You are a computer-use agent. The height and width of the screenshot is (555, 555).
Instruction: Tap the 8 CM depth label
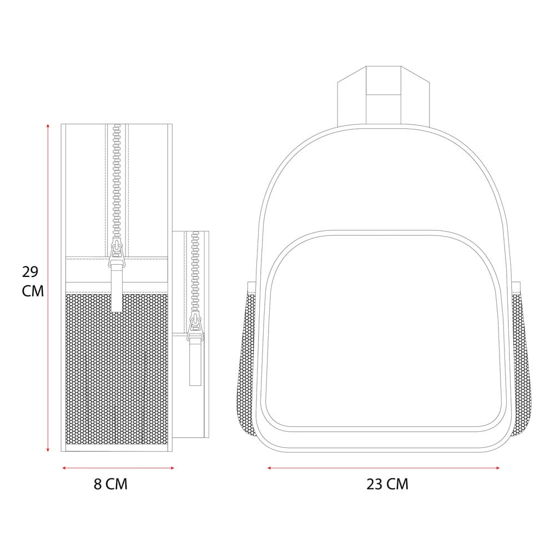coord(110,484)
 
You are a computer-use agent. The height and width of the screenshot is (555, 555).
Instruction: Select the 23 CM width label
coord(387,484)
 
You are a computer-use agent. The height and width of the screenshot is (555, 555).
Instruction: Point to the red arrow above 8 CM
coord(118,468)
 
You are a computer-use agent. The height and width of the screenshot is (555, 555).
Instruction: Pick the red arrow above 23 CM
coord(384,468)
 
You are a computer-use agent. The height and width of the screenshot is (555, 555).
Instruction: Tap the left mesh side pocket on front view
coord(250,361)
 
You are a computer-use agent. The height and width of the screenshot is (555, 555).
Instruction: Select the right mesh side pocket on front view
coord(519,361)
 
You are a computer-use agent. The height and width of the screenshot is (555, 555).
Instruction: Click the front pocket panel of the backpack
coord(384,333)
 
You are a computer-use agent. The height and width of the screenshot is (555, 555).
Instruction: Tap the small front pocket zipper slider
coord(195,327)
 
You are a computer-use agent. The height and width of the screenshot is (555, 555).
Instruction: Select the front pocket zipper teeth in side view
coord(195,272)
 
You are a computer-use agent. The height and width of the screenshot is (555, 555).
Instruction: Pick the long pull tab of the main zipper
coord(117,291)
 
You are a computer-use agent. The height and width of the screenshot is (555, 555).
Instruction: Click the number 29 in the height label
coord(30,272)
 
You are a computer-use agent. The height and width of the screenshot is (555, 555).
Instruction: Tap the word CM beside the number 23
coord(397,484)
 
